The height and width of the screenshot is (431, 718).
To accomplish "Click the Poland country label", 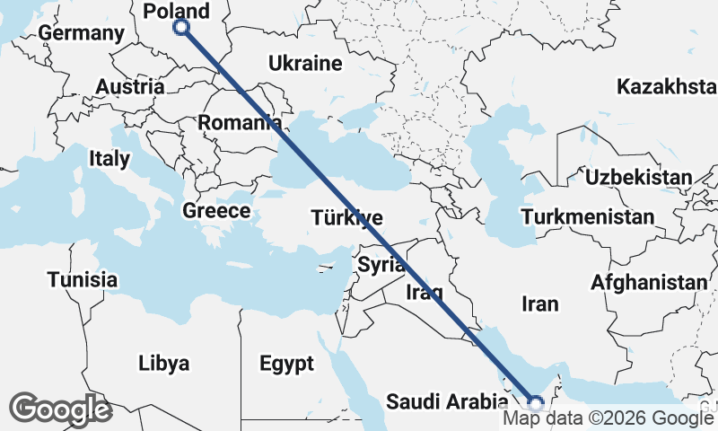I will click(178, 11).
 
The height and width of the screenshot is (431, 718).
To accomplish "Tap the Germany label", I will click(82, 33).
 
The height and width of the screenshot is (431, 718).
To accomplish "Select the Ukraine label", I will click(305, 64).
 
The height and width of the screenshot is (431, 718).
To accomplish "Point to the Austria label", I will click(130, 87).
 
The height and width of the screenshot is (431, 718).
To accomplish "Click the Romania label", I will click(237, 122).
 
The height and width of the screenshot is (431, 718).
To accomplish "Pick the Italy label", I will click(109, 159).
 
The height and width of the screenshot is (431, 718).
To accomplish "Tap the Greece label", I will click(215, 211).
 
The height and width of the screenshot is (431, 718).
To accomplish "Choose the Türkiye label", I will click(347, 217).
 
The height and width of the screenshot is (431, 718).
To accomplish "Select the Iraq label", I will click(424, 292).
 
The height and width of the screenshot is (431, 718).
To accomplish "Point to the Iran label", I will click(539, 304).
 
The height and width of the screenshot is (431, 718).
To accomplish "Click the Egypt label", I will click(287, 364).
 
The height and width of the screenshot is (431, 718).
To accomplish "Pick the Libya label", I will click(164, 364).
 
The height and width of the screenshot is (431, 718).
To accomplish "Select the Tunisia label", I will click(83, 279).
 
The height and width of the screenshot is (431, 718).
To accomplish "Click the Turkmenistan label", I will click(588, 218).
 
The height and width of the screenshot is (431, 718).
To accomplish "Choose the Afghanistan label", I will click(649, 283).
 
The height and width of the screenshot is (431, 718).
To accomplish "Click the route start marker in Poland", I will click(181, 27).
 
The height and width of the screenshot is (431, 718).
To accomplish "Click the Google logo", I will click(61, 409).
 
